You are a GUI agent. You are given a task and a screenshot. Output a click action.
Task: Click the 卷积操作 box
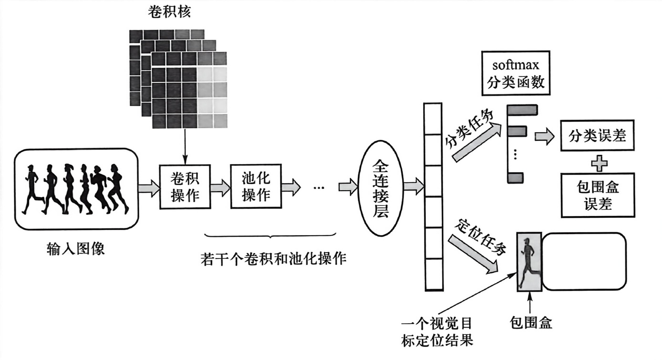coord(184,186)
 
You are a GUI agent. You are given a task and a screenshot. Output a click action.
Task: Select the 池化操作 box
coord(256,186)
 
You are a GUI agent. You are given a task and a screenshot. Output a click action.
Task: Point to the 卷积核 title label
coord(169,12)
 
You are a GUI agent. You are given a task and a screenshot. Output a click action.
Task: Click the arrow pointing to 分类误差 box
coord(544,137)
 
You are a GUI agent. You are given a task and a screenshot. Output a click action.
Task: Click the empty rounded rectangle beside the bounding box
coord(584,261)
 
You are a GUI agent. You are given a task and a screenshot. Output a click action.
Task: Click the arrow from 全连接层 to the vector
coord(413,186)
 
